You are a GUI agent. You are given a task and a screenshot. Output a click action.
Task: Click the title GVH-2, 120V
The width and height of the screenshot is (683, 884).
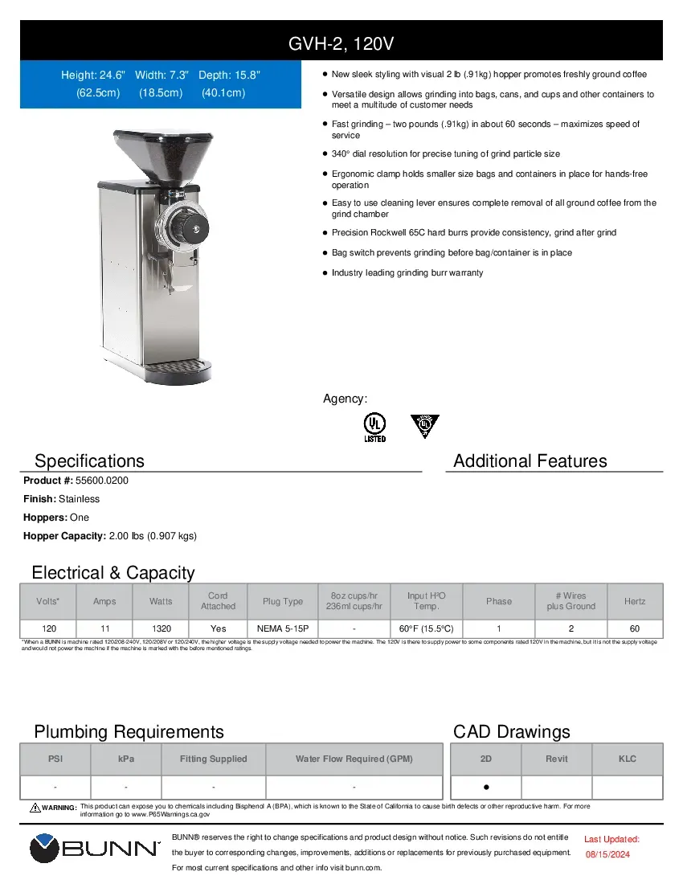pyautogui.click(x=341, y=42)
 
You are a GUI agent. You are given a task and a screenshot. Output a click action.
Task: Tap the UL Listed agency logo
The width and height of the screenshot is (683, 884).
pyautogui.click(x=374, y=427)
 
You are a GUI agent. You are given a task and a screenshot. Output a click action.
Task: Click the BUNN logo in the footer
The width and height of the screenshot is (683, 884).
pyautogui.click(x=95, y=849)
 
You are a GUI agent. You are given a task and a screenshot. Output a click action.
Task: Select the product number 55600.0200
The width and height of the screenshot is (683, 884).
pyautogui.click(x=102, y=481)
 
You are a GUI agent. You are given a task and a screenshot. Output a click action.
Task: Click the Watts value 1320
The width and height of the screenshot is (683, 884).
pyautogui.click(x=161, y=628)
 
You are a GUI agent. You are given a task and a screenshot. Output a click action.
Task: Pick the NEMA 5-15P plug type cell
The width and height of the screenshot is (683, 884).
pyautogui.click(x=283, y=628)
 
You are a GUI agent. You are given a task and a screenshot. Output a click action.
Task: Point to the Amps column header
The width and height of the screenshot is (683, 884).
pyautogui.click(x=104, y=601)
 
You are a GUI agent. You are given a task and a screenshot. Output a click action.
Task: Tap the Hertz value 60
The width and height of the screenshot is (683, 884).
pyautogui.click(x=635, y=628)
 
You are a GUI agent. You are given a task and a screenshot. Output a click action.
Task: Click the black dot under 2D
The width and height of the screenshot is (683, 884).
pyautogui.click(x=486, y=787)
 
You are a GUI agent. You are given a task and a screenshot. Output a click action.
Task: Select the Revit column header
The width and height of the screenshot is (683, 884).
pyautogui.click(x=557, y=759)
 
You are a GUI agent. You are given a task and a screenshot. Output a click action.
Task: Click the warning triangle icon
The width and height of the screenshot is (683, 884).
pyautogui.click(x=35, y=807)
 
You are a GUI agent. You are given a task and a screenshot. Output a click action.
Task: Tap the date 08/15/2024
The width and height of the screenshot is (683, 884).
pyautogui.click(x=607, y=854)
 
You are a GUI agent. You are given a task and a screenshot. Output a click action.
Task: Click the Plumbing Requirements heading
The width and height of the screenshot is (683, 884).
pyautogui.click(x=129, y=732)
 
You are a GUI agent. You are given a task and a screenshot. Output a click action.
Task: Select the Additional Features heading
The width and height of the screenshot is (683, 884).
pyautogui.click(x=530, y=461)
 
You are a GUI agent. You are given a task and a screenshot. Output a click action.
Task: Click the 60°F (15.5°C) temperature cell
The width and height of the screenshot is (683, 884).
pyautogui.click(x=426, y=628)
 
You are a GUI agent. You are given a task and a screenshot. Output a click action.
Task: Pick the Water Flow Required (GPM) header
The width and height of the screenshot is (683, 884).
pyautogui.click(x=354, y=759)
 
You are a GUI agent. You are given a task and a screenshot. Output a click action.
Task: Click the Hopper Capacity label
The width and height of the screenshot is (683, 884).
pyautogui.click(x=64, y=536)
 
